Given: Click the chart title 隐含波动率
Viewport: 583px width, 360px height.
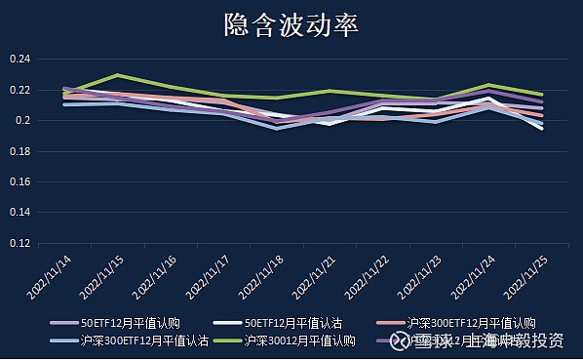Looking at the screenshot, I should coord(291,25).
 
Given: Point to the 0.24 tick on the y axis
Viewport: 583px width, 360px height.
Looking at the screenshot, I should coord(20,60).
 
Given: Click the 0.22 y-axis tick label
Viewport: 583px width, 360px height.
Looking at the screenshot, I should coord(20,91).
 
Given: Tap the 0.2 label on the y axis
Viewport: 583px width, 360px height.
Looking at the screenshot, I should coord(23,121).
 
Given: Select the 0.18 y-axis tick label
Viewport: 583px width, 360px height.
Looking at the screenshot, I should coord(20,152).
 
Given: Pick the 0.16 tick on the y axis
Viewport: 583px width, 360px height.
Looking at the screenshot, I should coord(20,182).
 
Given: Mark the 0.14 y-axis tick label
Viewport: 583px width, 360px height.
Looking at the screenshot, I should coord(20,214).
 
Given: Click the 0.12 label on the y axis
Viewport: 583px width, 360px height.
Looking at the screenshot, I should coord(20,244).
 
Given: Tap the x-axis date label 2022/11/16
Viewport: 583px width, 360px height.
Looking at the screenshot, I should coord(156,275).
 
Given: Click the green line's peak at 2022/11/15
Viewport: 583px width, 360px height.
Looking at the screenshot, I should coord(118,75).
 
